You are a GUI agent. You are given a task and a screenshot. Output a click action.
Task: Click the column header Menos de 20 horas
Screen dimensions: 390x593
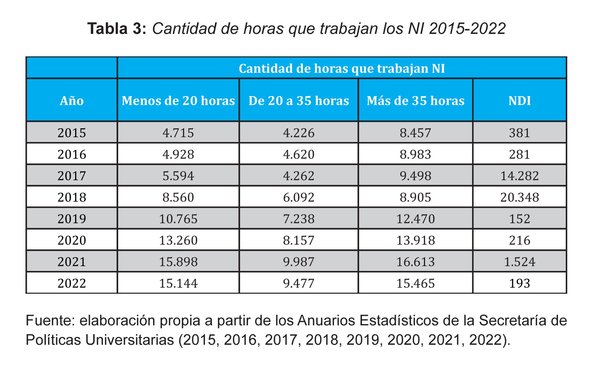(178, 101)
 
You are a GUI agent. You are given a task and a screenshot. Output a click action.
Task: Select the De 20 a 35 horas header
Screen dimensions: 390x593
(298, 101)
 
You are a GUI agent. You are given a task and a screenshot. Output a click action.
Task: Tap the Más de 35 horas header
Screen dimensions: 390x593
(415, 101)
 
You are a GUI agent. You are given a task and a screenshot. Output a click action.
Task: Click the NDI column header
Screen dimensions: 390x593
(519, 101)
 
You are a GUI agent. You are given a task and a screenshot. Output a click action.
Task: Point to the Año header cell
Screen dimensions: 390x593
(72, 101)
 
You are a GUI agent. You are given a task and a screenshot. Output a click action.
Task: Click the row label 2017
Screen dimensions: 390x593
(72, 176)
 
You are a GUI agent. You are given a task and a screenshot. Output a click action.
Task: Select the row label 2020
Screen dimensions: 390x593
(72, 240)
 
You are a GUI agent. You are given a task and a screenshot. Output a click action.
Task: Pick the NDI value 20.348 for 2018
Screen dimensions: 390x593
(519, 197)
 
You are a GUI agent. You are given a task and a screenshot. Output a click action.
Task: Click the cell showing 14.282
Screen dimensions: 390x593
(519, 176)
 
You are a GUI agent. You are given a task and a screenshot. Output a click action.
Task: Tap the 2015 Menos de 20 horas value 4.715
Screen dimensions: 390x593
(178, 133)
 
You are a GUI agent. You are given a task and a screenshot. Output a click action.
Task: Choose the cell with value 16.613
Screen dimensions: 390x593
(415, 262)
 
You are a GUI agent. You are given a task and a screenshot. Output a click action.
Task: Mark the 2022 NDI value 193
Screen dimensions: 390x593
(519, 283)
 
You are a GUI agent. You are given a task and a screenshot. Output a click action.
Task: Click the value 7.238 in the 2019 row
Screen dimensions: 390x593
(298, 219)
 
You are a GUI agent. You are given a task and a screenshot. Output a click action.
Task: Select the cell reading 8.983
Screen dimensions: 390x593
(415, 154)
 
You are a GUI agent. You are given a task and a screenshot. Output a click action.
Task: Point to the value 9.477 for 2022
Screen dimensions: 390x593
(298, 283)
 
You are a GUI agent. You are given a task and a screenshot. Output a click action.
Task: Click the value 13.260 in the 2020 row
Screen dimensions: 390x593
(178, 240)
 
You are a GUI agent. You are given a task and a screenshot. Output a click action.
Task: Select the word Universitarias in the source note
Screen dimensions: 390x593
(134, 340)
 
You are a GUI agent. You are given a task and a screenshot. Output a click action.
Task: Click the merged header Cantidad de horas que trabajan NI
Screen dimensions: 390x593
(341, 68)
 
